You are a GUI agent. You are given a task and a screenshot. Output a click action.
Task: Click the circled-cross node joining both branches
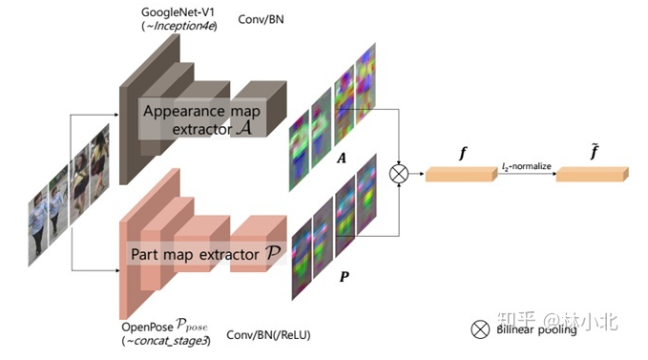pyautogui.click(x=399, y=173)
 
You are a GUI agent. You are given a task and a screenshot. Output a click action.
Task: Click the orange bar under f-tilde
pyautogui.click(x=592, y=173)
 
